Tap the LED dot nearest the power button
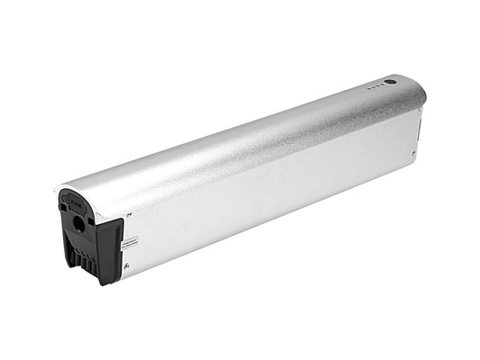point(382,85)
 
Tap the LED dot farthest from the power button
point(368,89)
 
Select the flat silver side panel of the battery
point(270,198)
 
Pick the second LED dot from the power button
point(377,86)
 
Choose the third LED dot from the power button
point(373,88)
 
